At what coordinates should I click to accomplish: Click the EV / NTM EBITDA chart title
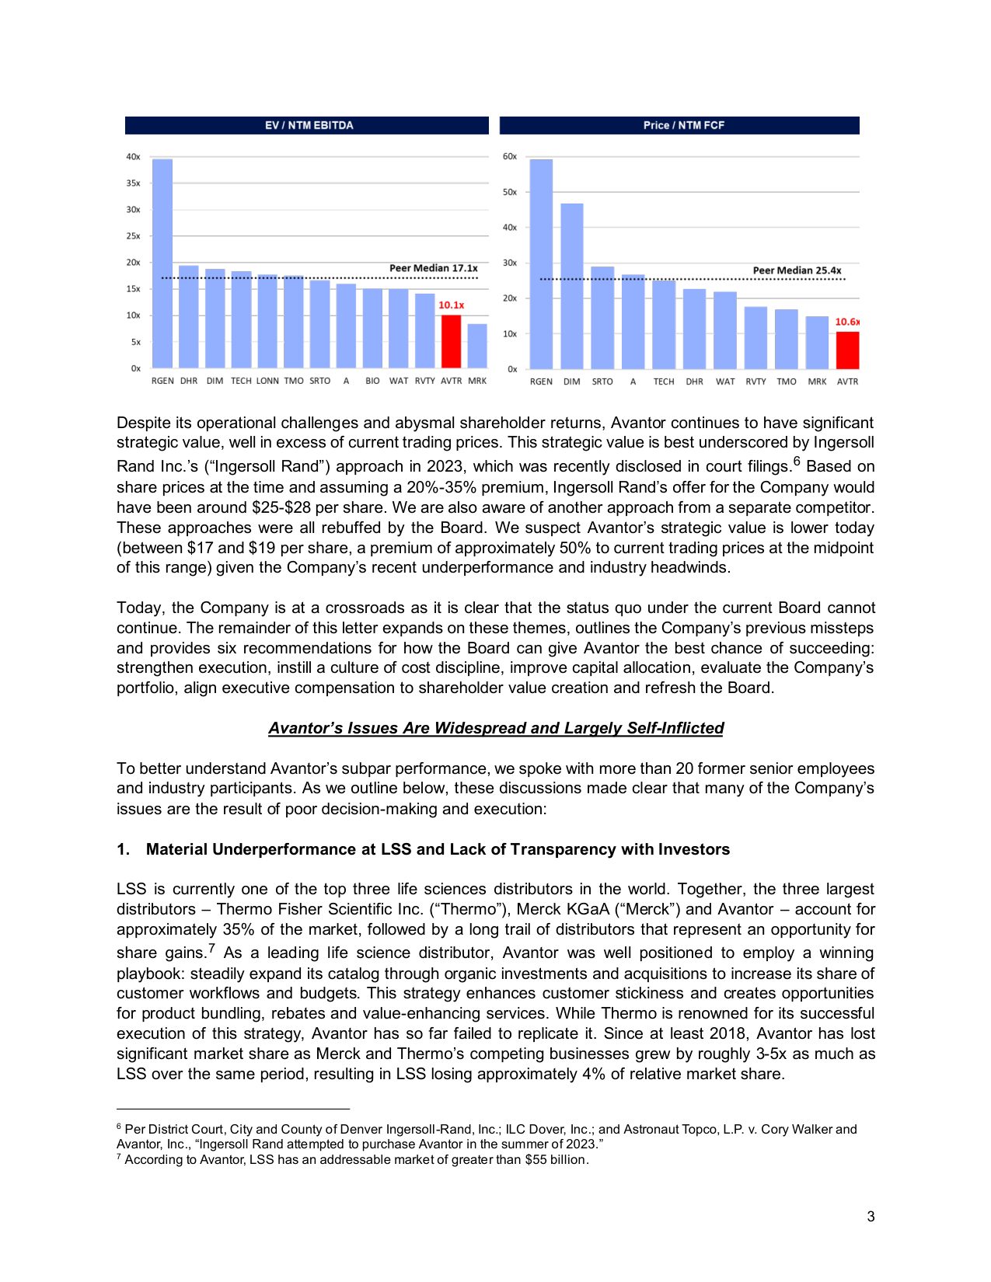309,125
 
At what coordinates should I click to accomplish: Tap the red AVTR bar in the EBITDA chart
451,342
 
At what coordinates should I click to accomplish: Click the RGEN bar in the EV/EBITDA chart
162,264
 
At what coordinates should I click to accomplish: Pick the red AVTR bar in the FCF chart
847,350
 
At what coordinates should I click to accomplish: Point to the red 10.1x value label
451,305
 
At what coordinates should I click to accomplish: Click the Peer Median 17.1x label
433,268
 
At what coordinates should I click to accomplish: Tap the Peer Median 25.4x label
797,270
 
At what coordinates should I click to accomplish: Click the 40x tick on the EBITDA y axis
134,157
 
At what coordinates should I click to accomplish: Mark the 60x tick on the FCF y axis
510,157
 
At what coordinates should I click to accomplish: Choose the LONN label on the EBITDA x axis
267,381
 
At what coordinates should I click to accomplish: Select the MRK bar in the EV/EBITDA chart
477,347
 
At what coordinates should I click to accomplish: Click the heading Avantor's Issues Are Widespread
496,728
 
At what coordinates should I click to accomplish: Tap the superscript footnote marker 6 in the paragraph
797,463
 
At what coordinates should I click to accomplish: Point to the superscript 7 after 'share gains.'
211,949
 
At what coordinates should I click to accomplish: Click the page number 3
871,1217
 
